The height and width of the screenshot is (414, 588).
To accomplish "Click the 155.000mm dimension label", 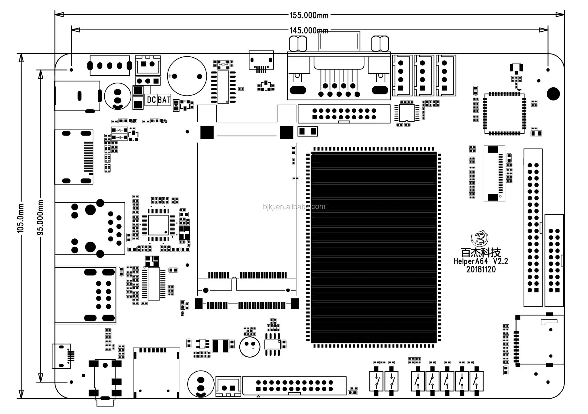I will coord(309,15).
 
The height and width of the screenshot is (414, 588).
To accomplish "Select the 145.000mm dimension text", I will coord(309,30).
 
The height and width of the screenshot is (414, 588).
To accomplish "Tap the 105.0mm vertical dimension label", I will coord(20,218).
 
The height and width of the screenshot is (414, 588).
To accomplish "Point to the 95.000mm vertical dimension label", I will coord(40,217).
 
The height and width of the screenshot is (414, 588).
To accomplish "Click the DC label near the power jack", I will coord(151,100).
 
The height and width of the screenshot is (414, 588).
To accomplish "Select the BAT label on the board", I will coord(164,100).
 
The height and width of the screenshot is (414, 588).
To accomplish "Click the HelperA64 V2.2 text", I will coord(480,261).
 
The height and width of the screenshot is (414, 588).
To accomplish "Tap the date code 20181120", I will coord(481,269).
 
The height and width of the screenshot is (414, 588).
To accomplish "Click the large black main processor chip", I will coord(373,247).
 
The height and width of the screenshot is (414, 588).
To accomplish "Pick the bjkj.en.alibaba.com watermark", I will coord(294,207).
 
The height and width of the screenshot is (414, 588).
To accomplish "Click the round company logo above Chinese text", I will coord(480,238).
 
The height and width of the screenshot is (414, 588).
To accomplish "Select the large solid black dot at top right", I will coord(553,94).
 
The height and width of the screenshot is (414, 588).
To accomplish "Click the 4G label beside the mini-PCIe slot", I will coord(182,313).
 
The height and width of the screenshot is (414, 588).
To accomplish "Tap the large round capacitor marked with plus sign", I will coord(187,76).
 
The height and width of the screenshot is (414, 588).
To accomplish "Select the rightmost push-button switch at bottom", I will coord(476,381).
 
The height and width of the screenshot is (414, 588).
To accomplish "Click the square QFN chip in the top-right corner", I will coord(505,113).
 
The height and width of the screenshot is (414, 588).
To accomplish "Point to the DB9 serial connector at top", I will coord(339,76).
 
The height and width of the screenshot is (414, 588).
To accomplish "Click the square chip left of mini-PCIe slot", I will coord(158,225).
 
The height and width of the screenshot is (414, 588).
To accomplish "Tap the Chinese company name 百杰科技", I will coord(480,252).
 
